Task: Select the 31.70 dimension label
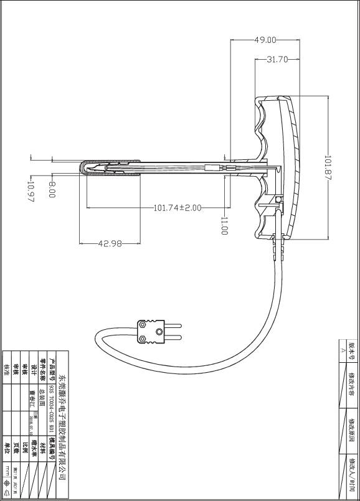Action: point(277,60)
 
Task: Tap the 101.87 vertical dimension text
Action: point(328,168)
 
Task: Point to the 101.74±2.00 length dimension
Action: point(178,208)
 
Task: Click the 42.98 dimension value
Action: point(110,243)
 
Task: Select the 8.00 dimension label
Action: point(52,189)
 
